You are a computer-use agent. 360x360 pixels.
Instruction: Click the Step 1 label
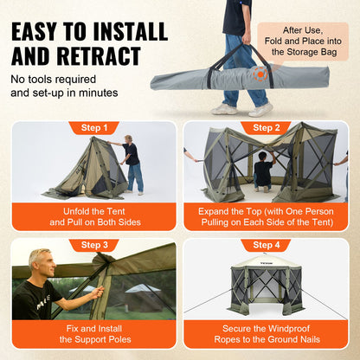(93, 128)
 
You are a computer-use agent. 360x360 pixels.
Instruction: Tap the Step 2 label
(265, 128)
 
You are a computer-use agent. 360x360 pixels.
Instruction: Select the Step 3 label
(93, 245)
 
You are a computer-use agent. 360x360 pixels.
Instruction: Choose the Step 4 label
(265, 245)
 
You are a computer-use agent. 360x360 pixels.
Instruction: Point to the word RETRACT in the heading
(110, 59)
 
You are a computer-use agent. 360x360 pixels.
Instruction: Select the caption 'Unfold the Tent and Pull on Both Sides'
(93, 216)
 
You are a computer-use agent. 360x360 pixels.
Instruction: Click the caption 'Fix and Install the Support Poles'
(93, 334)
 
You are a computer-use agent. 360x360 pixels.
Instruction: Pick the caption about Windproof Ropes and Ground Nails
(265, 334)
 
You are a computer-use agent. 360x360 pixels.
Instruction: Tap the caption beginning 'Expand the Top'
(265, 216)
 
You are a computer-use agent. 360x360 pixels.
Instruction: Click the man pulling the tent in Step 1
(132, 163)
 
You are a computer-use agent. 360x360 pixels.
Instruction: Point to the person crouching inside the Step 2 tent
(263, 170)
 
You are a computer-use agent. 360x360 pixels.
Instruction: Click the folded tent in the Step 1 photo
(82, 173)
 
